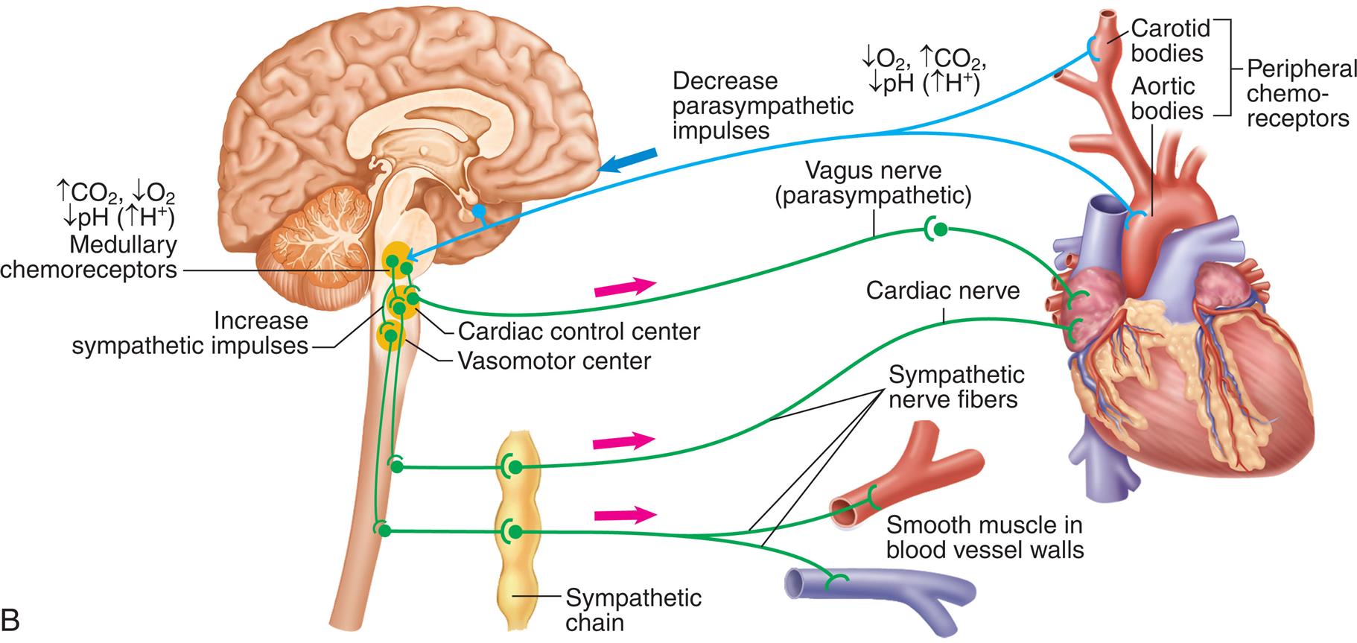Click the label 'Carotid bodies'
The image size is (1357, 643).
[x=1166, y=41]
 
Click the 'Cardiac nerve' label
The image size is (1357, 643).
[x=942, y=290]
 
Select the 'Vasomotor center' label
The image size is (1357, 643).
[x=554, y=361]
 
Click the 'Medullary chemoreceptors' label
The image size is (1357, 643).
[x=89, y=257]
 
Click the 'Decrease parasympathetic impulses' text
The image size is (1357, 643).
[x=762, y=105]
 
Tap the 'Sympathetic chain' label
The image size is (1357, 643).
[x=633, y=609]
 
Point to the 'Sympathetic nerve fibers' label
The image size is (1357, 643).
[x=956, y=387]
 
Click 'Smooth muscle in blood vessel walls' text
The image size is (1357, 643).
[x=985, y=537]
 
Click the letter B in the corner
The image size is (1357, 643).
[x=11, y=618]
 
